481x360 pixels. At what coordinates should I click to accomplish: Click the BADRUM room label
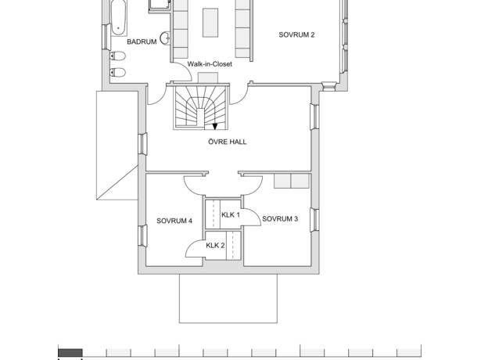(x=142, y=41)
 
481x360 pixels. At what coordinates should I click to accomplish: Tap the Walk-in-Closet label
(x=210, y=64)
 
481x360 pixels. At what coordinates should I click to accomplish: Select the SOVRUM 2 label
(x=296, y=34)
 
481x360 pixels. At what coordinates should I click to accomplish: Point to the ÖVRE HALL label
(x=228, y=142)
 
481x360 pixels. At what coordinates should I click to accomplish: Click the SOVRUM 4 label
(x=174, y=221)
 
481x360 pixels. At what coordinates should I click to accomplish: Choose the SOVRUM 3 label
(x=280, y=219)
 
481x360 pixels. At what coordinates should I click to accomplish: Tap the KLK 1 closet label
(x=231, y=215)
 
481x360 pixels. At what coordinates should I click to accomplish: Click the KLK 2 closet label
(x=215, y=246)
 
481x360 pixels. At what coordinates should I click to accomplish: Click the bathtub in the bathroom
(x=118, y=17)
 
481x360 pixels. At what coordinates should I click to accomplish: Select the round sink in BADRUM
(x=165, y=38)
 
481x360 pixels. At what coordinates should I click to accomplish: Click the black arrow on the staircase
(x=215, y=126)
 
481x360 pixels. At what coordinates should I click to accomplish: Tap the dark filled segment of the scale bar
(x=70, y=353)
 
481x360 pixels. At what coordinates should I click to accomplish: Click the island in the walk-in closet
(x=210, y=23)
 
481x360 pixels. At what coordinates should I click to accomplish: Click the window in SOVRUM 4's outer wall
(x=142, y=236)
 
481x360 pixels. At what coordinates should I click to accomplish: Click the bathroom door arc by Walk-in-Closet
(x=185, y=69)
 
